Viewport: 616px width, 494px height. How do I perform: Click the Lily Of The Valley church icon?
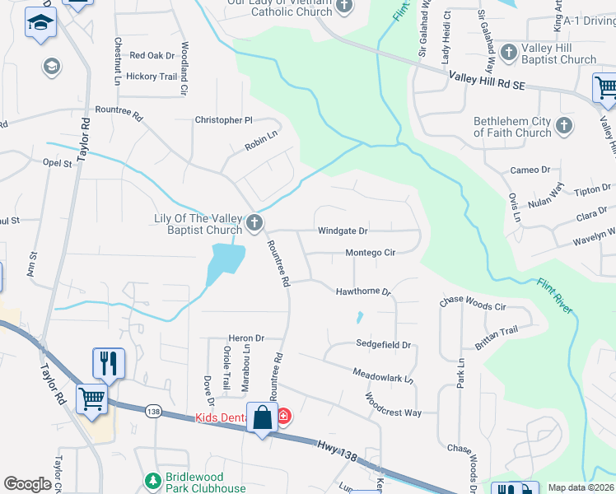click(255, 221)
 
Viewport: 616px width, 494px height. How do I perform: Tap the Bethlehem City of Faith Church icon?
click(564, 126)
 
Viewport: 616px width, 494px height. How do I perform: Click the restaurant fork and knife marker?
click(108, 362)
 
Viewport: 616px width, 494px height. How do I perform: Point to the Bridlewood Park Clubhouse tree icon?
click(151, 480)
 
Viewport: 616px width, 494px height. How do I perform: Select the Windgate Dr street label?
click(343, 231)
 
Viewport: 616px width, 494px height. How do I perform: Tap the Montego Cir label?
click(371, 253)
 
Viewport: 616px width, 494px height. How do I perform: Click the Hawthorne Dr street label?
click(362, 291)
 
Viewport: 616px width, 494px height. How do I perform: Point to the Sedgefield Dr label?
click(383, 344)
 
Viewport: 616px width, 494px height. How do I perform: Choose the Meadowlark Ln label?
click(383, 377)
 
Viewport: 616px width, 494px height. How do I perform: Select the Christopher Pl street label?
click(223, 120)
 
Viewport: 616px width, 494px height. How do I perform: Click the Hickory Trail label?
click(157, 77)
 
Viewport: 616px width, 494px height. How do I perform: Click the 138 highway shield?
click(153, 410)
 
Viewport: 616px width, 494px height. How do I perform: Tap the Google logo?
click(28, 484)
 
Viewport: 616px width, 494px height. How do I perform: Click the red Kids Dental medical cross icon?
click(283, 417)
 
